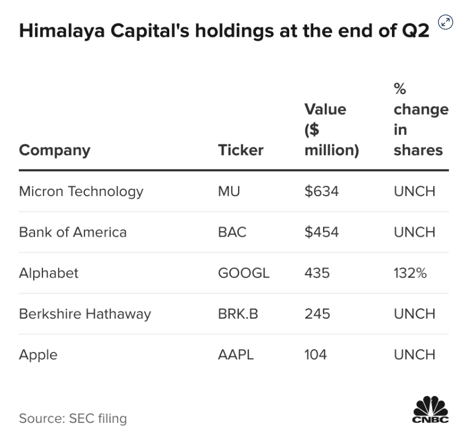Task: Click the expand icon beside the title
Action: [445, 22]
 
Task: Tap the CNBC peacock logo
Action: [430, 409]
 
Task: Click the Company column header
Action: [55, 150]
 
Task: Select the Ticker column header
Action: [240, 150]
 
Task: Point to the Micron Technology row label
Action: [81, 191]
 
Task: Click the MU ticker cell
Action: [229, 191]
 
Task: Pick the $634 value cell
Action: [321, 191]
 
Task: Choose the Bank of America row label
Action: [73, 232]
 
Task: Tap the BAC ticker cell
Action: [232, 232]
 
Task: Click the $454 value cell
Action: [321, 232]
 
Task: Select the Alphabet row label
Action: [49, 273]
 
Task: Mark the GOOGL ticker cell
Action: [243, 273]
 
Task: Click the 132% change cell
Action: [410, 273]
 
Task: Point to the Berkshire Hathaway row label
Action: [85, 314]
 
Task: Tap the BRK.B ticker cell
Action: [238, 314]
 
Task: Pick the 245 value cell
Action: [317, 314]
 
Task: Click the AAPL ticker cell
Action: [235, 355]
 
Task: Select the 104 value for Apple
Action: [316, 355]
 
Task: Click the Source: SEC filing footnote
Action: [73, 418]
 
